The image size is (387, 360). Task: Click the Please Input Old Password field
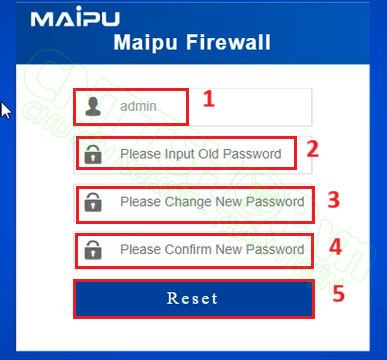click(x=207, y=154)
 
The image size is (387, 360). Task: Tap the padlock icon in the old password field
click(x=93, y=154)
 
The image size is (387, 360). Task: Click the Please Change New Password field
click(x=211, y=202)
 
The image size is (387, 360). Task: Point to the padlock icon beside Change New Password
click(x=93, y=202)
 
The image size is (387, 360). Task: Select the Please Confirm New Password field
click(x=211, y=249)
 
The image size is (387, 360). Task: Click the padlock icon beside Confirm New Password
click(x=93, y=249)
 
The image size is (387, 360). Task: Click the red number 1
click(x=209, y=98)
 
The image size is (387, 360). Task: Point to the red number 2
click(x=312, y=150)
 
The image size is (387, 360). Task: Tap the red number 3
click(x=334, y=199)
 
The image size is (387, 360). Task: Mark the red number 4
click(x=335, y=245)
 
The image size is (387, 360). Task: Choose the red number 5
click(x=338, y=294)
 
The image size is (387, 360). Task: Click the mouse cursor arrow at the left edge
click(x=5, y=109)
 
